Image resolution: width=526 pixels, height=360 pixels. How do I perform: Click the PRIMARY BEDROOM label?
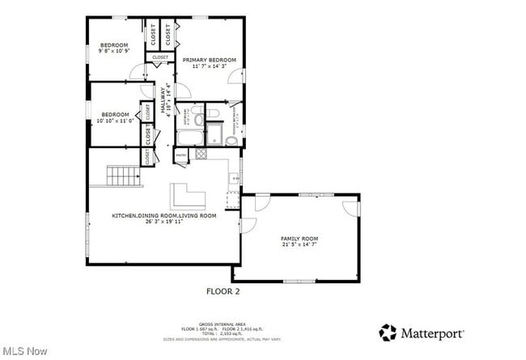[209, 61]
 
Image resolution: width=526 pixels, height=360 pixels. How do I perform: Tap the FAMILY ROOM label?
[299, 239]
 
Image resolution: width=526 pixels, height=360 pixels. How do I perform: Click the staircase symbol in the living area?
[124, 175]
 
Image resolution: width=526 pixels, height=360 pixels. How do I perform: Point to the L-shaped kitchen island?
[188, 197]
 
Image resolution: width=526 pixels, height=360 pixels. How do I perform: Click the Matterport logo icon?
[388, 332]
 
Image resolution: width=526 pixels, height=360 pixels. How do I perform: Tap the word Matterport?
[434, 332]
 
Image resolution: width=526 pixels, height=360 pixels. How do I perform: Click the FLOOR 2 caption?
[224, 290]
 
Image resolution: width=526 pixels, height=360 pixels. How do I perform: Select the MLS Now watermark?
[24, 351]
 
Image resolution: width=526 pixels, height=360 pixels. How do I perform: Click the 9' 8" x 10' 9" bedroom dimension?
[114, 51]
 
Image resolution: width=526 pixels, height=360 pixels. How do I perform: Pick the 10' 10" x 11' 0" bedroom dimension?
[114, 121]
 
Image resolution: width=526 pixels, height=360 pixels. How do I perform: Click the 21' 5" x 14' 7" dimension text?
[299, 245]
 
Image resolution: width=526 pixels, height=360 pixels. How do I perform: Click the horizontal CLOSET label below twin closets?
[160, 57]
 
